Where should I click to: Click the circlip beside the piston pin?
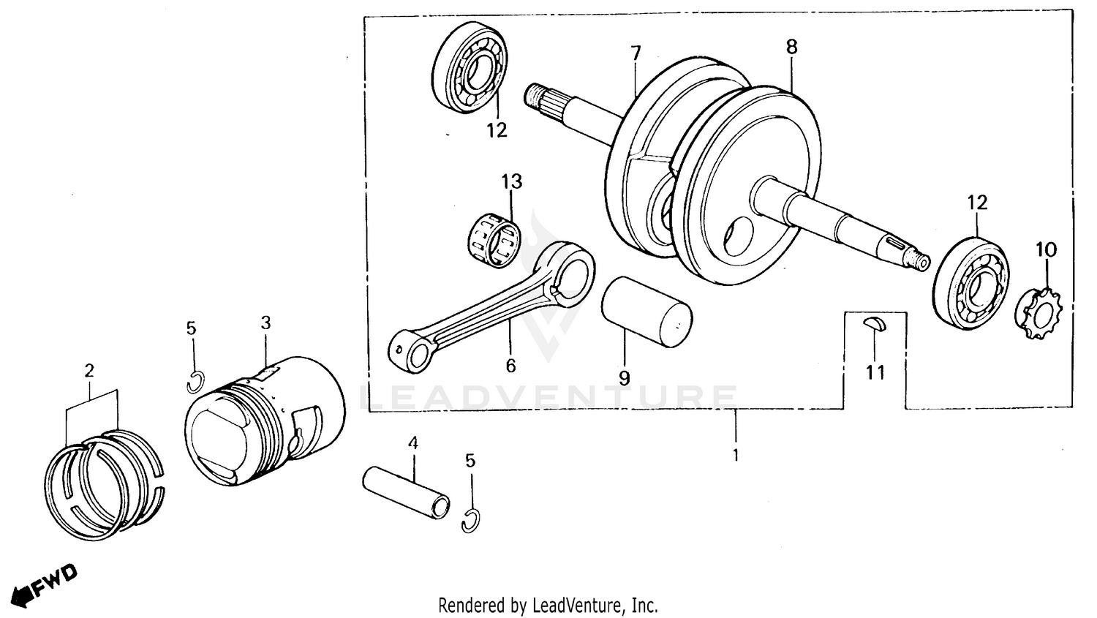pyautogui.click(x=471, y=521)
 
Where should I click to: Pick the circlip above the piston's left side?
pyautogui.click(x=195, y=383)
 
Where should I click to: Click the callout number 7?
pyautogui.click(x=636, y=53)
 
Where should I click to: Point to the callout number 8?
pyautogui.click(x=791, y=47)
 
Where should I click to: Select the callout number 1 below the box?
pyautogui.click(x=735, y=455)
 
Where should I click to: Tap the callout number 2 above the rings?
pyautogui.click(x=89, y=371)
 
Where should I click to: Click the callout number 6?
pyautogui.click(x=510, y=365)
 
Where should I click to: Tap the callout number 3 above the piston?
pyautogui.click(x=265, y=323)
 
